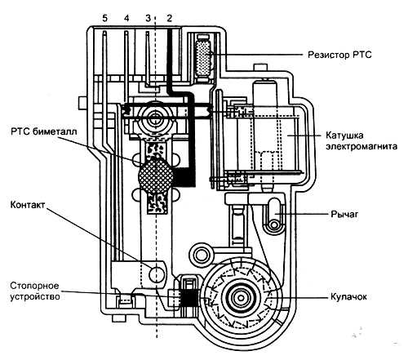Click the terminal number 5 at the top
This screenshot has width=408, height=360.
(x=104, y=18)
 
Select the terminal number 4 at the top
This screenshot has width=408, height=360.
(x=126, y=18)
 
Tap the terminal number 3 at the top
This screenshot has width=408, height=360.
(x=148, y=18)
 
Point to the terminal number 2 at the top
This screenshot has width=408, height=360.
(x=170, y=18)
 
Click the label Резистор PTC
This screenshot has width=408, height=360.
(x=339, y=55)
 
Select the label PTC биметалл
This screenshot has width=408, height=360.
(x=44, y=131)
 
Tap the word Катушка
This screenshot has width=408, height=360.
(x=344, y=136)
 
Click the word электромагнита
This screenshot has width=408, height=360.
(x=361, y=146)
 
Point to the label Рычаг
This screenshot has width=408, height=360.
(x=344, y=214)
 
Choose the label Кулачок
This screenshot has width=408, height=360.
(x=348, y=296)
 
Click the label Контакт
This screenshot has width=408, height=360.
(x=28, y=205)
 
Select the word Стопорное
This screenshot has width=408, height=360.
(x=34, y=286)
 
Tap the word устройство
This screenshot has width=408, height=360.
(x=35, y=296)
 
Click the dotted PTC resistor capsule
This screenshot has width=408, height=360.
(x=203, y=57)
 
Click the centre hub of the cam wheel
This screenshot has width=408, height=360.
(x=241, y=298)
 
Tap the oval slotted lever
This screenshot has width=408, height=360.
(x=274, y=215)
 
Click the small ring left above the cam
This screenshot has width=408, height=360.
(x=202, y=256)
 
